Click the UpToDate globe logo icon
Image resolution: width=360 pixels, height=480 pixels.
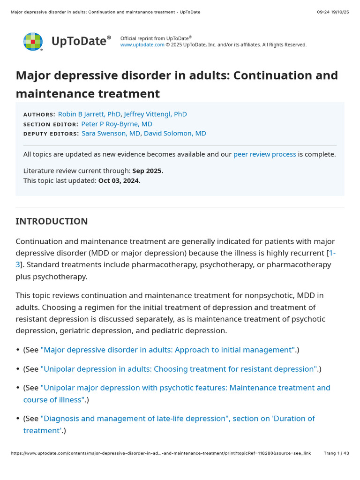click(33, 42)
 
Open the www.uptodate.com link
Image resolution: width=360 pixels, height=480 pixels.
click(142, 45)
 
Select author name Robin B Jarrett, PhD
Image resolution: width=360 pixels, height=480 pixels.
click(89, 114)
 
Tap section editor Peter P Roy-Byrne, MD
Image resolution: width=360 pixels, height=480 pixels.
click(116, 124)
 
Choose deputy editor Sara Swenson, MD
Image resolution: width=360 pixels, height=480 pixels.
click(111, 133)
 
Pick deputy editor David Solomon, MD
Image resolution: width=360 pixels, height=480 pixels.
click(175, 133)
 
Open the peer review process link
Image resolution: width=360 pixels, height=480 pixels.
click(264, 154)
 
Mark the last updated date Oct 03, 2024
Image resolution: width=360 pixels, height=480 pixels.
click(119, 180)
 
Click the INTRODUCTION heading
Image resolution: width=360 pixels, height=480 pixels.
click(52, 221)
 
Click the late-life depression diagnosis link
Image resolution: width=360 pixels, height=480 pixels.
click(178, 418)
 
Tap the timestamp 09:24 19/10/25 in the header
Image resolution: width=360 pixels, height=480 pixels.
click(333, 12)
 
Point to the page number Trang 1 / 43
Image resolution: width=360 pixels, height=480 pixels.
click(337, 453)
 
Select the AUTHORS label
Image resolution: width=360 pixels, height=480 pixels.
click(39, 114)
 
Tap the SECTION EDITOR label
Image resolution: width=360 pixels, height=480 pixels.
click(51, 124)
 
